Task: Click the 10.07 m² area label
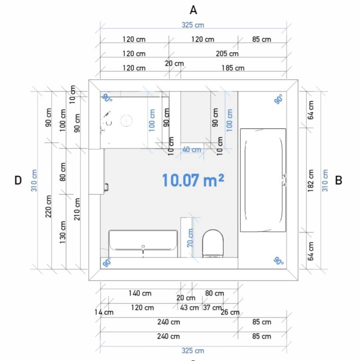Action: [x=193, y=180]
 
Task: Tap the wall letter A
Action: [x=193, y=10]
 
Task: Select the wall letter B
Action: [x=338, y=180]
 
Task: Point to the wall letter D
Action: [x=18, y=180]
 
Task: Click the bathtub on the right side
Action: [x=263, y=180]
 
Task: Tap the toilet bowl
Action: [x=213, y=243]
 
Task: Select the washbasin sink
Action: [x=143, y=240]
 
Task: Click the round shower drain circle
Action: [x=126, y=120]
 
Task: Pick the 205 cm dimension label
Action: [x=227, y=53]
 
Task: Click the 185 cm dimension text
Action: [x=233, y=68]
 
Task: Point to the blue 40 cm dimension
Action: [x=191, y=149]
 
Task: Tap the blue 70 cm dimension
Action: [x=190, y=238]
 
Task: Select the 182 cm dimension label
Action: [x=310, y=180]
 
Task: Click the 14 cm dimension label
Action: [x=104, y=312]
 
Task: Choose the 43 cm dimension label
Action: [x=189, y=307]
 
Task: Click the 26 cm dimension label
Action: [x=230, y=312]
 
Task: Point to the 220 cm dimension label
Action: [x=48, y=206]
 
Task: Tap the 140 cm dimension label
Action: [x=140, y=293]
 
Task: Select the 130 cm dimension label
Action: [x=62, y=232]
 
